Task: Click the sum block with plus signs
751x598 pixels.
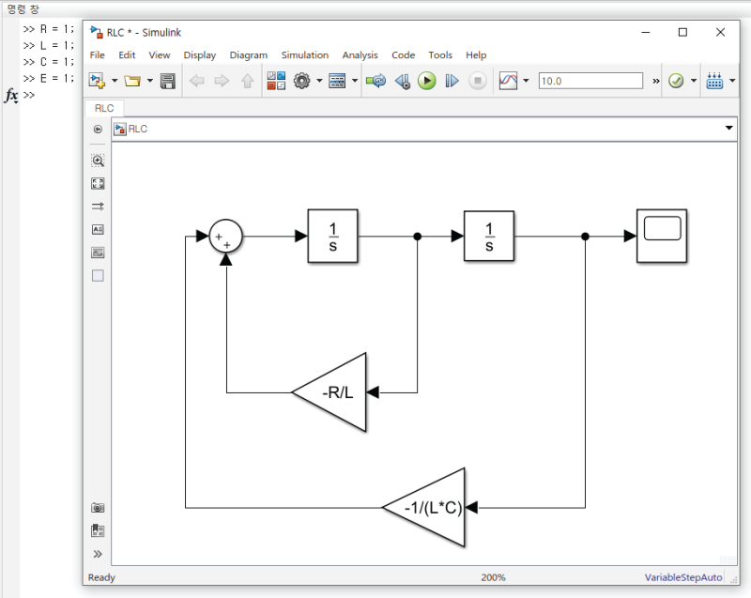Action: tap(225, 237)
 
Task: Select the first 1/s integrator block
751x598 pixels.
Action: tap(332, 237)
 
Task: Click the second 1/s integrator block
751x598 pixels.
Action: tap(488, 237)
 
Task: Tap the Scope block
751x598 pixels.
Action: tap(662, 236)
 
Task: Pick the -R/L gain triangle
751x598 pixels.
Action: tap(334, 392)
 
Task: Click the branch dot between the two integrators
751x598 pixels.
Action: tap(417, 237)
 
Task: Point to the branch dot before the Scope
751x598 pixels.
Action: tap(585, 237)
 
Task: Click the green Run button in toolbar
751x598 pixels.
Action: tap(427, 81)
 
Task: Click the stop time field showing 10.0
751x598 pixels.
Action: tap(590, 81)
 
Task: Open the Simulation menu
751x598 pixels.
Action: tap(304, 55)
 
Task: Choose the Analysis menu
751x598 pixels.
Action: tap(360, 55)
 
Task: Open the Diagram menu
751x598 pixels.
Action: tap(248, 55)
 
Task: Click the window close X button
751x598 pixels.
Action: tap(719, 31)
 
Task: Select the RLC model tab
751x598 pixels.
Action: tap(103, 108)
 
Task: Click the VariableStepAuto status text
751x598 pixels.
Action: tap(682, 577)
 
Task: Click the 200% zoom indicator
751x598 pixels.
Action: tap(494, 577)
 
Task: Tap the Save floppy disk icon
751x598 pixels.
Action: tap(168, 81)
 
